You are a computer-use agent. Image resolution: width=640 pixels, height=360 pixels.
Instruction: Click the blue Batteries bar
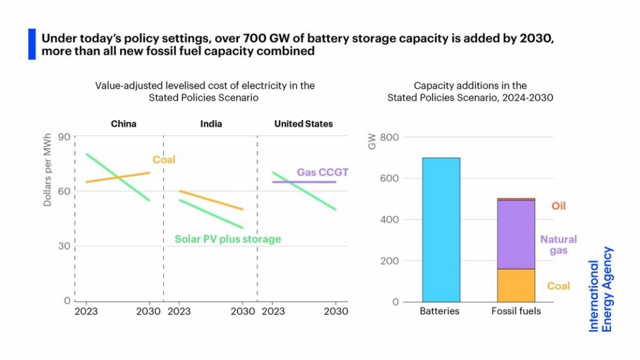point(441,229)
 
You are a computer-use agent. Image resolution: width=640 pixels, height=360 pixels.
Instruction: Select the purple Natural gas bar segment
point(516,234)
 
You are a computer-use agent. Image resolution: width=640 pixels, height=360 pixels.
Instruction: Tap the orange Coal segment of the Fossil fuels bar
point(516,286)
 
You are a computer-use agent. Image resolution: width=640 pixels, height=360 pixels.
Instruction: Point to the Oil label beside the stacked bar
point(558,206)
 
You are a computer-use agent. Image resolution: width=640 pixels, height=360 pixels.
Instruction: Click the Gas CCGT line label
point(322,172)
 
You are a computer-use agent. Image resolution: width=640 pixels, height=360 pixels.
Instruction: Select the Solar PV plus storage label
point(227,239)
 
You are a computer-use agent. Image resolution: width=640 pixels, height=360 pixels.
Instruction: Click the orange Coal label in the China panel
point(164,159)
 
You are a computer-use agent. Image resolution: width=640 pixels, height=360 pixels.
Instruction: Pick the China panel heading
point(124,124)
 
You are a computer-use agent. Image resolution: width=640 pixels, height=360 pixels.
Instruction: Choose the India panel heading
point(211,124)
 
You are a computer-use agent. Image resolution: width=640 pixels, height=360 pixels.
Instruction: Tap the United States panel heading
point(303,124)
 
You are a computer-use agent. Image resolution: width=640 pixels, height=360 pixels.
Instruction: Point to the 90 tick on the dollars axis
point(63,137)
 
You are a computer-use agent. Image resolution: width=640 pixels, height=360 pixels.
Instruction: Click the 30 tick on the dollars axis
point(63,246)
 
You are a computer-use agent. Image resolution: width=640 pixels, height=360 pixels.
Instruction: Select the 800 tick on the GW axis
point(389,137)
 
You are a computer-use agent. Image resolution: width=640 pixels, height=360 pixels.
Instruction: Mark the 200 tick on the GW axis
point(389,261)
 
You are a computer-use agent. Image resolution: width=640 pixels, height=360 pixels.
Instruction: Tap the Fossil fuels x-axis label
point(516,311)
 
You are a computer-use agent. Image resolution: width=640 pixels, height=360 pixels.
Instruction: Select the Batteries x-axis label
point(441,311)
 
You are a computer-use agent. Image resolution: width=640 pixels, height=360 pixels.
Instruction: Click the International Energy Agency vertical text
point(601,289)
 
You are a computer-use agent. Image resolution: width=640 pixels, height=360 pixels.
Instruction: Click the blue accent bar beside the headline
point(32,44)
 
